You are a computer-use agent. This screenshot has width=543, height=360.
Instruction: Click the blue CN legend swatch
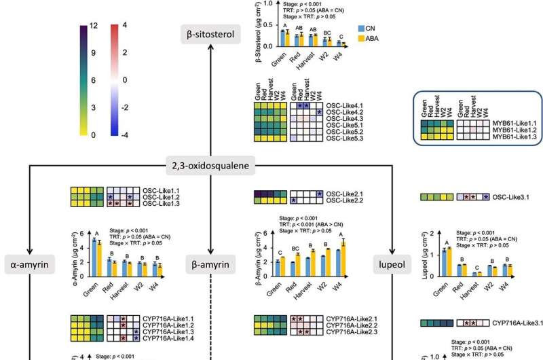tap(361, 29)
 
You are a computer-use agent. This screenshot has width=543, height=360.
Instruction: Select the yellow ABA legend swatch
tap(361, 39)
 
